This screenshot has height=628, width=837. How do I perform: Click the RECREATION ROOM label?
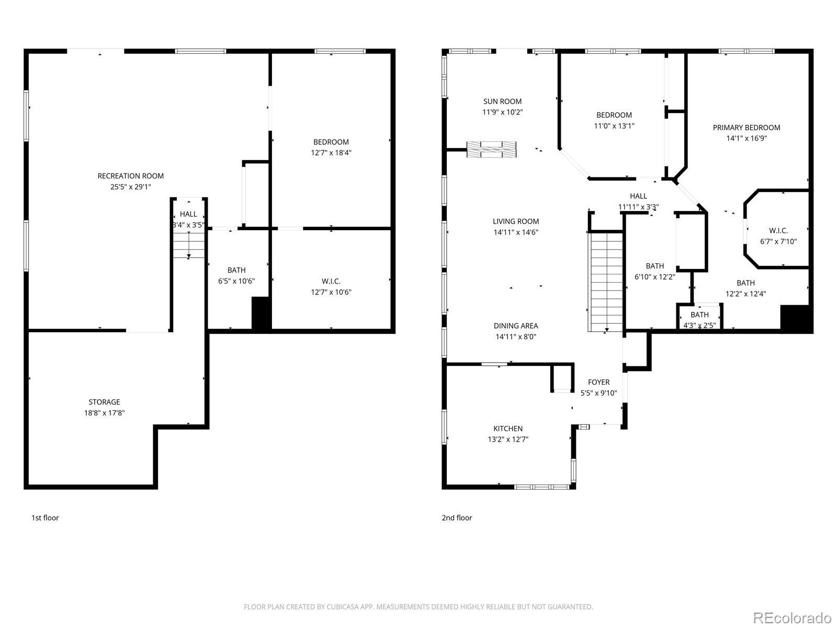tap(130, 176)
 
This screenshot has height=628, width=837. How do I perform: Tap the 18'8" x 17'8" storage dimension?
tap(105, 412)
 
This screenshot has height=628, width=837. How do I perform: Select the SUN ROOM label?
tap(502, 102)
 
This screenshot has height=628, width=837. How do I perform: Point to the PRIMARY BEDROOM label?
tap(746, 127)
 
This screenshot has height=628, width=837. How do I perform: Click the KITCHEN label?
tap(508, 428)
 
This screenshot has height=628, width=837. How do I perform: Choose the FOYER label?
tap(598, 382)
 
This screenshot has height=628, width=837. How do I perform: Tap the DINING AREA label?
tap(516, 326)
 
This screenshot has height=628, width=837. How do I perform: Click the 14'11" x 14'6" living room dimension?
tap(516, 232)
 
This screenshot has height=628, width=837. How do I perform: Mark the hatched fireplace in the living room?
tap(492, 149)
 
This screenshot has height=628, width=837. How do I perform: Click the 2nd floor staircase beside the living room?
tap(606, 282)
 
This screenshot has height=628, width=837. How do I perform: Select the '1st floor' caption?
tap(45, 518)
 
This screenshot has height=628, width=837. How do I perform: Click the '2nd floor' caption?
tap(457, 518)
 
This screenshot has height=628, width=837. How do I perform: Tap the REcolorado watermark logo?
tap(793, 618)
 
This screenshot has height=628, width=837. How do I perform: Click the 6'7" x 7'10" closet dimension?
tap(778, 241)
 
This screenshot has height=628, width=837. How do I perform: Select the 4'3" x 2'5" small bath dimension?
tap(699, 325)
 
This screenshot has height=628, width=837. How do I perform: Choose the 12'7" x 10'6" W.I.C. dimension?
tap(331, 292)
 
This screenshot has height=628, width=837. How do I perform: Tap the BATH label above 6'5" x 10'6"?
tap(236, 270)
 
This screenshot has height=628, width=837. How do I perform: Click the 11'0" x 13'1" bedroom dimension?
tap(614, 126)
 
